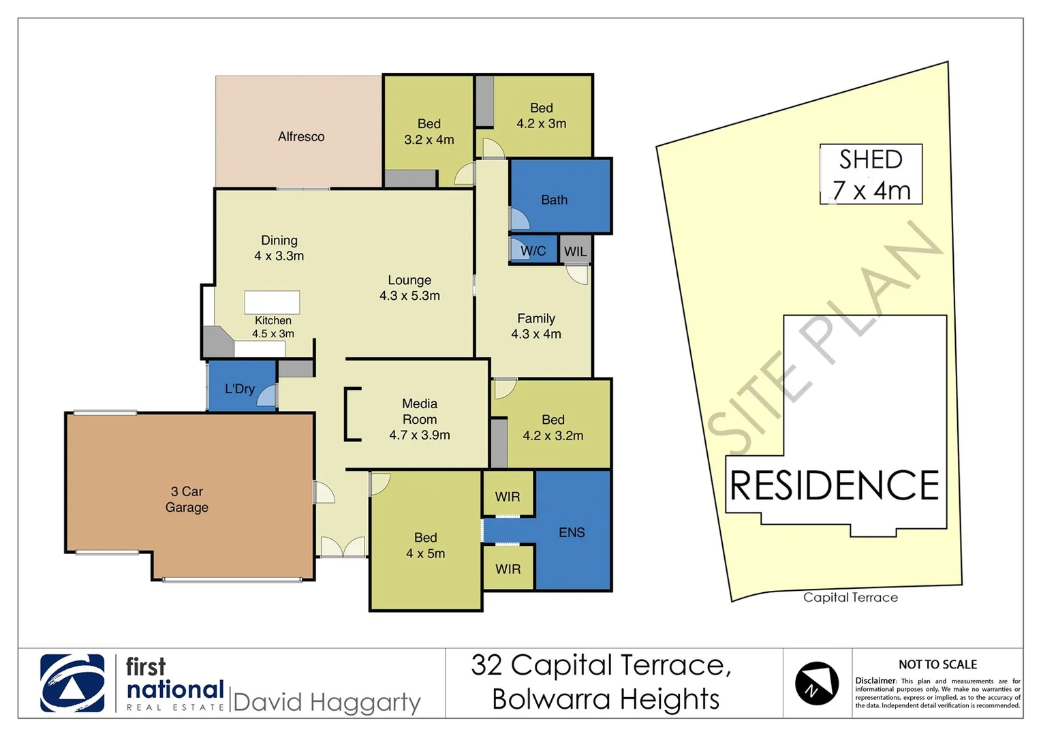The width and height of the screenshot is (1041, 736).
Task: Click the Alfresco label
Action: point(300,137)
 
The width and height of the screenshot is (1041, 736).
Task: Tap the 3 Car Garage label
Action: point(187,500)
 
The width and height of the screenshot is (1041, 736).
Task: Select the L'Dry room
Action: point(240,389)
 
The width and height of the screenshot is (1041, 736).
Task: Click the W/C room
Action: point(533,251)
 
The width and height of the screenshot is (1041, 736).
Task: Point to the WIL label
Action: point(575,251)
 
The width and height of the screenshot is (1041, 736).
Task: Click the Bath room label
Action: point(554,200)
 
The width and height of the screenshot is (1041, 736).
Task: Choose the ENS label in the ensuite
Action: point(572,532)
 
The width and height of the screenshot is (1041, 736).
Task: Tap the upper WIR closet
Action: point(508,497)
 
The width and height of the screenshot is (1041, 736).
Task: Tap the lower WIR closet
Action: point(508,569)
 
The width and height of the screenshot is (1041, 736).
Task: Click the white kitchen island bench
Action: point(272,302)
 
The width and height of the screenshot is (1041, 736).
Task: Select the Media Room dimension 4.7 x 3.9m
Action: point(420,435)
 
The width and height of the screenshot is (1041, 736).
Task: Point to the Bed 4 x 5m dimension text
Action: point(425,553)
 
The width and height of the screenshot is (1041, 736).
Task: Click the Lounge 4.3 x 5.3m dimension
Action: point(409,296)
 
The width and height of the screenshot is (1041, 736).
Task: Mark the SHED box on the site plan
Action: point(871,174)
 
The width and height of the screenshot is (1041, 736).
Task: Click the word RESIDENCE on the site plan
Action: point(834,485)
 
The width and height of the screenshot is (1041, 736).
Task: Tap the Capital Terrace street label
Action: point(850,598)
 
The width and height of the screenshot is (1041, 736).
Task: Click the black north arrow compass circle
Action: point(816,684)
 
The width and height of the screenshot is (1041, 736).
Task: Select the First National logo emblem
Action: point(72,683)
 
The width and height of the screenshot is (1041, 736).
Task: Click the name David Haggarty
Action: point(326,702)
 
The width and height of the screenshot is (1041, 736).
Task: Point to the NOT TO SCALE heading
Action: point(937,664)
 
